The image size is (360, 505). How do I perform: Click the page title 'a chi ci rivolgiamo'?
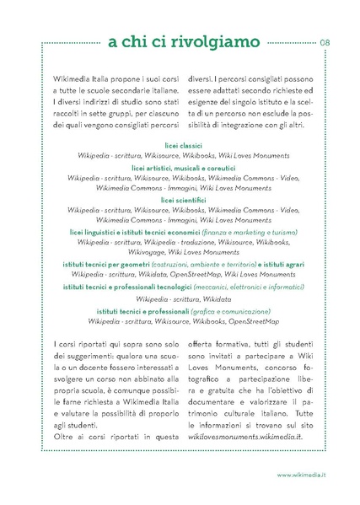tap(180, 40)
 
